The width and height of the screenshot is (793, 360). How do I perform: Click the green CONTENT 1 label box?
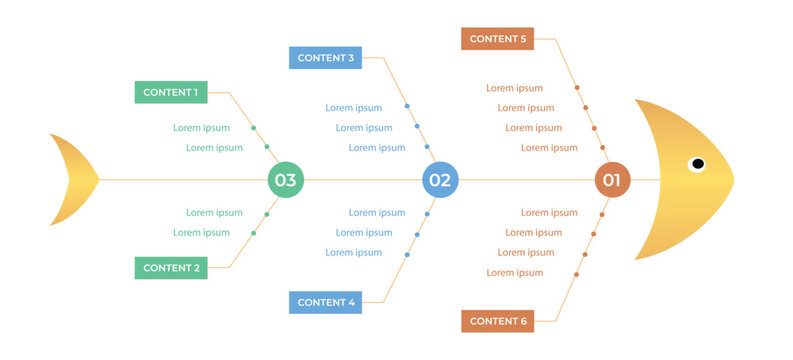pos(170,92)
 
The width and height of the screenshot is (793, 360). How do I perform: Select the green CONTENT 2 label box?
pos(170,268)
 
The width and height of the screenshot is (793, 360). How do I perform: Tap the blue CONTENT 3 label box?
pos(325,58)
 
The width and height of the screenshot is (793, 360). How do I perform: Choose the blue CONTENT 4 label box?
pos(325,302)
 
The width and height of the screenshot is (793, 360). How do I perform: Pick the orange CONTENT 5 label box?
pos(497,39)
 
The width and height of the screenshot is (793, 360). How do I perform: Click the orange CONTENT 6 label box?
pos(497,321)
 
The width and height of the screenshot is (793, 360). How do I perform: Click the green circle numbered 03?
pos(285,180)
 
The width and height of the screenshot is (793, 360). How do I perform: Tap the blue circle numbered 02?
pos(440,180)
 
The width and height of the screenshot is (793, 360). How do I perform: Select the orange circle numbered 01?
pos(612,180)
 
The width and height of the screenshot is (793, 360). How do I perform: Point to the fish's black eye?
pos(697,164)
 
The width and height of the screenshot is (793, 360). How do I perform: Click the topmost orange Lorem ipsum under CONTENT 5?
pos(514,88)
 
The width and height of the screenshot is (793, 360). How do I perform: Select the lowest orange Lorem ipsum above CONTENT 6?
pos(514,273)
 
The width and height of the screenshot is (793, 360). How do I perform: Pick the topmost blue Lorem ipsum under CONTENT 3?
pos(353,108)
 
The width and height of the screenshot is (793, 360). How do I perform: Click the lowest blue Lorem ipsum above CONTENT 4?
pos(353,253)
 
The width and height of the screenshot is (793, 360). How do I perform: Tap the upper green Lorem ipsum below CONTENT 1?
pos(201,128)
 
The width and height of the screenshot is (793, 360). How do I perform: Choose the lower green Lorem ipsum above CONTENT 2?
pos(201,233)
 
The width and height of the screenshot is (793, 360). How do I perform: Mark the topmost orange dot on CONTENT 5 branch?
pos(577,88)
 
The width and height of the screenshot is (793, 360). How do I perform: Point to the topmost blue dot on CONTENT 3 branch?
pos(407,106)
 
